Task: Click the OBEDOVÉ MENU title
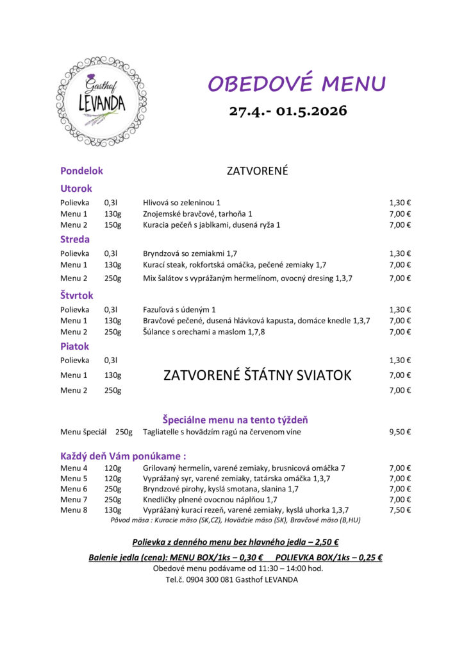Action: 297,83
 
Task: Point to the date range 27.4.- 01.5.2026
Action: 288,110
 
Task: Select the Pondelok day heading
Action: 81,171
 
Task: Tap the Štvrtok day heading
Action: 76,295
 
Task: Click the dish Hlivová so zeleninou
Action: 181,202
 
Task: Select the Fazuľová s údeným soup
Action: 179,309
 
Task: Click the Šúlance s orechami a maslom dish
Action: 204,332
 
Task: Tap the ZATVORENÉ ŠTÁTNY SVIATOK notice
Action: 257,375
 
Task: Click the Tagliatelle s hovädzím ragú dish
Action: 222,432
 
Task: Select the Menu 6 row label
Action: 74,489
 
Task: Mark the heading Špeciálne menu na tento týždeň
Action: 235,420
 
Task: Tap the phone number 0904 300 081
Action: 213,579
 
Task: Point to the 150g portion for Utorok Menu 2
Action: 113,225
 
